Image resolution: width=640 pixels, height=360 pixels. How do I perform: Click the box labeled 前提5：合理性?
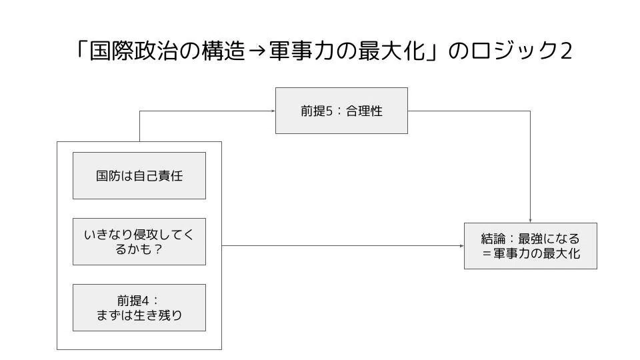point(341,111)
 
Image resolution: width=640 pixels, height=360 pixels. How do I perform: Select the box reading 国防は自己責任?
point(139,175)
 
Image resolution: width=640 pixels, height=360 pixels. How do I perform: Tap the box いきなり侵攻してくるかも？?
point(139,241)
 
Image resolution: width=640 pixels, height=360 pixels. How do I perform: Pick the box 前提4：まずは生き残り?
point(139,308)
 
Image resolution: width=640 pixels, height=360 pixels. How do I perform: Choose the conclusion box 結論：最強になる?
point(531,246)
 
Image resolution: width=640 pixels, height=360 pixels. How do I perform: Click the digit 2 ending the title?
point(566,51)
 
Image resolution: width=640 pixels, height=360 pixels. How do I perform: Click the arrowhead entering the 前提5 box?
point(273,111)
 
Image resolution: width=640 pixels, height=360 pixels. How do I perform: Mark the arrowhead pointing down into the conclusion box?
point(531,221)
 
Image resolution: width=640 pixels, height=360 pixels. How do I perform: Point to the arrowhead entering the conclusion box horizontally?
point(462,246)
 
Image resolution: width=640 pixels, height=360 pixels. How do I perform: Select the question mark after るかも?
point(159,249)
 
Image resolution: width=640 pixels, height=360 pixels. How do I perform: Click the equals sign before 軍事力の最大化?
point(486,253)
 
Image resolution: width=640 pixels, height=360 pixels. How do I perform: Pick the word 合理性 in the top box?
point(364,111)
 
